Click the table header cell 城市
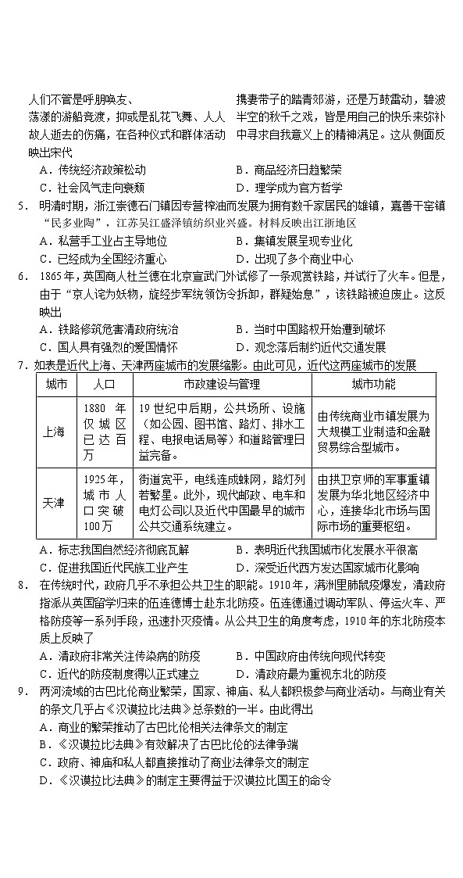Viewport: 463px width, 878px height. tap(56, 384)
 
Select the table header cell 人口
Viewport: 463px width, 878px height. tap(104, 384)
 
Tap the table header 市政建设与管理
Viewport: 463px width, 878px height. tap(223, 384)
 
